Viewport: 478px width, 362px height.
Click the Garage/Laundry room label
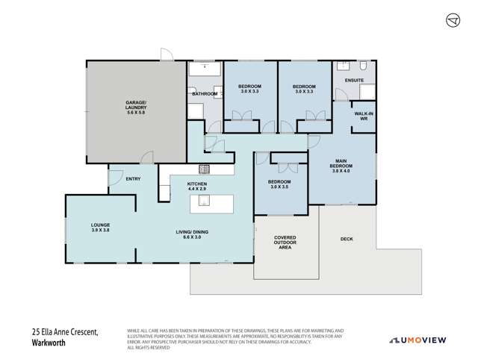tap(135, 110)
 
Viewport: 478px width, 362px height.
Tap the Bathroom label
tap(204, 94)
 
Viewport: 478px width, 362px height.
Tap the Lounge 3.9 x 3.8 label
tap(101, 227)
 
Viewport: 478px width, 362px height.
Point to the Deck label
tap(347, 239)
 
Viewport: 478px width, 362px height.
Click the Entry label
tap(134, 178)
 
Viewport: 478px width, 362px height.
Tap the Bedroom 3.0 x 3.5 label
tap(280, 185)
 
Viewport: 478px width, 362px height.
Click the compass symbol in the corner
tap(453, 20)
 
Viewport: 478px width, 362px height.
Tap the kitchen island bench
tap(212, 200)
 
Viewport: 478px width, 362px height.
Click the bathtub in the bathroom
tap(204, 70)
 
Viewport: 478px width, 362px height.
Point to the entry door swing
tap(115, 178)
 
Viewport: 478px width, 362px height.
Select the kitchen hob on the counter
tap(203, 169)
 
